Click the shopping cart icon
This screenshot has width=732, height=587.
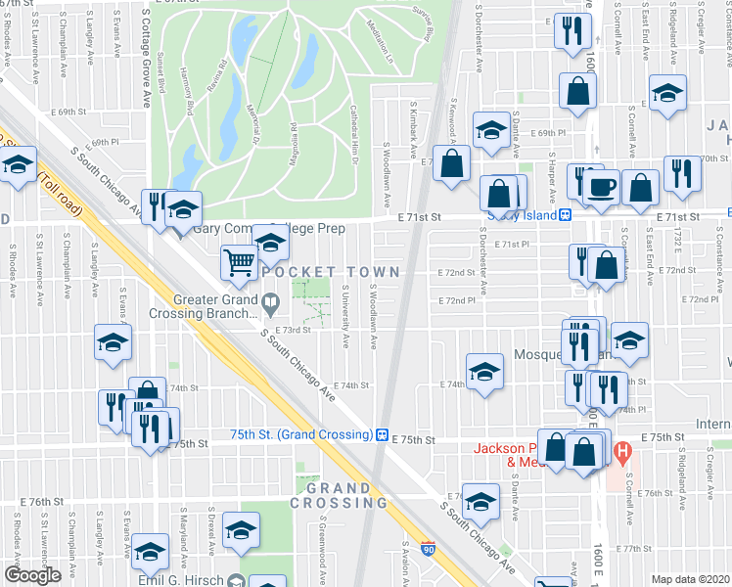(x=239, y=261)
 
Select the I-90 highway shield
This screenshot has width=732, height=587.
(x=428, y=549)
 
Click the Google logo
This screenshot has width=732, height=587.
(x=32, y=575)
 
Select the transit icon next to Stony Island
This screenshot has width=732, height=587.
(x=565, y=215)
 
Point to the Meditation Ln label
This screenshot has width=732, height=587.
(x=379, y=37)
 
